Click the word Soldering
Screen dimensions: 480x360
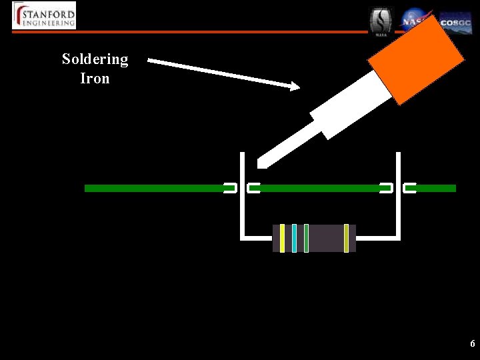(95, 59)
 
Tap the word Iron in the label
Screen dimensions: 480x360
(95, 79)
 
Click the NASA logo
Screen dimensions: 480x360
(415, 20)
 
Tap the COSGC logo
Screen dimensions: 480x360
(455, 23)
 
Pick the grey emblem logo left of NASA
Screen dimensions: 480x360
(381, 21)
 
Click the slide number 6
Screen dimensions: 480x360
(472, 344)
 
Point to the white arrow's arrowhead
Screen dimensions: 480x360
(293, 86)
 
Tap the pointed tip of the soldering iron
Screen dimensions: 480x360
(261, 162)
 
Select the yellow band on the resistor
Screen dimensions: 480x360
(282, 238)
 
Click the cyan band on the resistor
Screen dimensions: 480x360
(294, 238)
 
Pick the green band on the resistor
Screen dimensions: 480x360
(306, 238)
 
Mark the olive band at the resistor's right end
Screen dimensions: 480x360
(346, 238)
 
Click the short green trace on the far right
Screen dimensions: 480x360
(435, 189)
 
